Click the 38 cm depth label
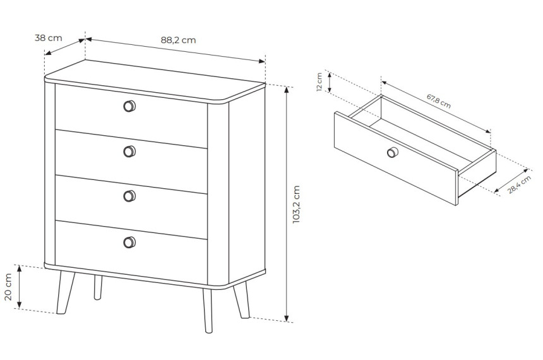[49, 37]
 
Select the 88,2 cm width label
[178, 40]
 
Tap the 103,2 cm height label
[296, 205]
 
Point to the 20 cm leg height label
[8, 287]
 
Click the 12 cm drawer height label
[319, 81]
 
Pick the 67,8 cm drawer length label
[438, 101]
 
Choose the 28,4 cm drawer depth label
[520, 184]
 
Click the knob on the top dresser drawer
[129, 106]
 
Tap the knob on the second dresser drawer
[129, 152]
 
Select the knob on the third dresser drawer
[129, 196]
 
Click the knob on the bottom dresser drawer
[129, 242]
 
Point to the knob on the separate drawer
[393, 152]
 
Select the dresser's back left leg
[98, 287]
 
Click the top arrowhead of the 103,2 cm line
[287, 90]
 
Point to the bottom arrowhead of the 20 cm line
[20, 305]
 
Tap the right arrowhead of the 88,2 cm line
[262, 61]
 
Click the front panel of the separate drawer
[397, 158]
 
